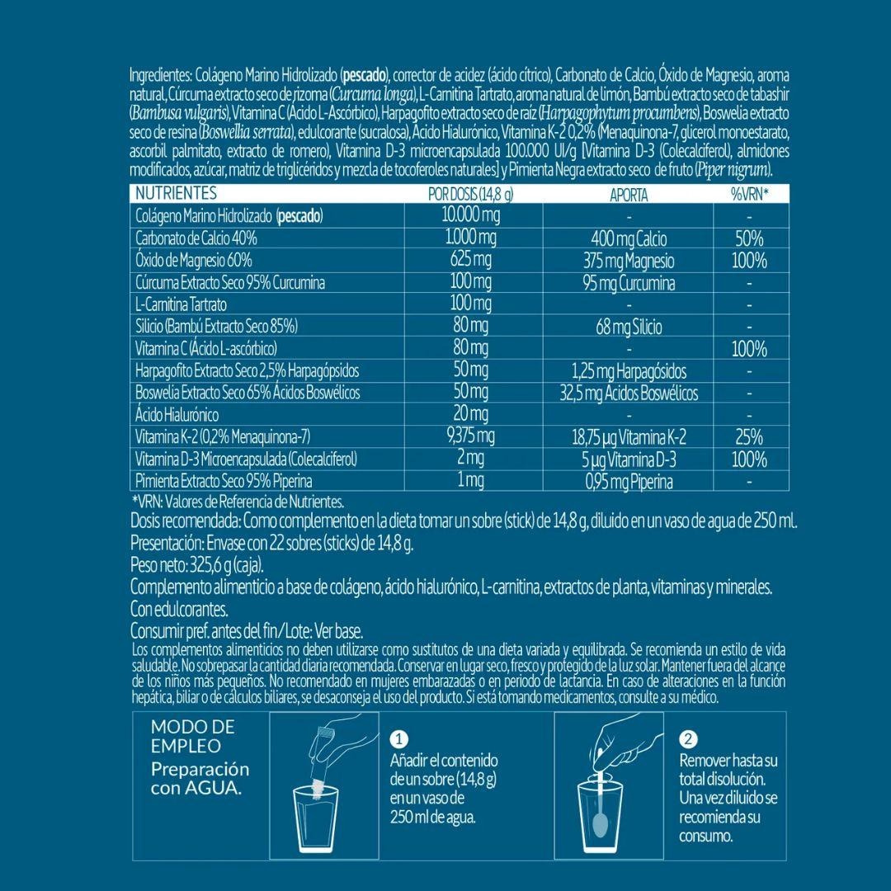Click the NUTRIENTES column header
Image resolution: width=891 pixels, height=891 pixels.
tap(175, 194)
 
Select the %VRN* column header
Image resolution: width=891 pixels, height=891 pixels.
tap(749, 195)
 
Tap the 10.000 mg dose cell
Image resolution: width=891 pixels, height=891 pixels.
tap(472, 216)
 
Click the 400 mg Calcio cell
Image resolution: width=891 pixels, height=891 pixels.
tap(629, 239)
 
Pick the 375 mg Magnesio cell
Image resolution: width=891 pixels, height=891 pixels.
tap(629, 261)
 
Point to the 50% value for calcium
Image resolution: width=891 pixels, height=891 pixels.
tap(749, 239)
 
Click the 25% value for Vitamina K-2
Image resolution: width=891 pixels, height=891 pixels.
tap(749, 437)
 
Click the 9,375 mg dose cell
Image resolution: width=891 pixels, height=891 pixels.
tap(470, 436)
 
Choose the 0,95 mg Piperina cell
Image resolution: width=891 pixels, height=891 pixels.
tap(629, 482)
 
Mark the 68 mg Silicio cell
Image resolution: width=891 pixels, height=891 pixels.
tap(629, 328)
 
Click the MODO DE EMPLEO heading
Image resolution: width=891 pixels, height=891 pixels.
tap(192, 736)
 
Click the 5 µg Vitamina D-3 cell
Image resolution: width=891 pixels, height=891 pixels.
tap(629, 460)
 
